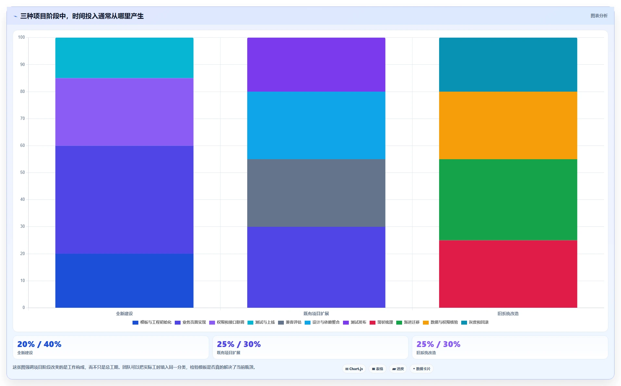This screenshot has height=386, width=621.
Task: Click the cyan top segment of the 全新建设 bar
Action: pos(124,58)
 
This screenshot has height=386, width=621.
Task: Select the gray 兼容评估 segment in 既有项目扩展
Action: pos(316,193)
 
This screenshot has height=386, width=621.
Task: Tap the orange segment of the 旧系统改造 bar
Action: pos(508,125)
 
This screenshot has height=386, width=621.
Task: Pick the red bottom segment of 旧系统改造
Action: pos(508,274)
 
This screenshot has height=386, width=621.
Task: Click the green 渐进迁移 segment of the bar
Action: pos(508,200)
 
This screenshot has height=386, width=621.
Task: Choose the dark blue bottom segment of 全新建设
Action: pos(124,281)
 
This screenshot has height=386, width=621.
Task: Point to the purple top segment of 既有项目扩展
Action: pos(316,65)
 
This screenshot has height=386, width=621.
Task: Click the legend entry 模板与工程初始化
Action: pos(152,322)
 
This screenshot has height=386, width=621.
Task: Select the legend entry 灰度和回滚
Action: pos(475,322)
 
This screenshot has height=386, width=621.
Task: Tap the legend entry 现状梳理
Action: pos(381,322)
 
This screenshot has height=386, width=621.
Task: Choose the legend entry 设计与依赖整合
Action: pos(322,322)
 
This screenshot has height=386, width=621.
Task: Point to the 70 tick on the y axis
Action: pos(22,119)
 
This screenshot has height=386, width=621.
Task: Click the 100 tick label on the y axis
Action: pos(21,37)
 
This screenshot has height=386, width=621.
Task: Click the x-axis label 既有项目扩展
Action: pos(316,314)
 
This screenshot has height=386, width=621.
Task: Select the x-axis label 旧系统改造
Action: pos(508,314)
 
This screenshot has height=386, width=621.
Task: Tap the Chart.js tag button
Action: pos(354,369)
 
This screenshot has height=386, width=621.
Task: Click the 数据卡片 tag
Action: pos(421,369)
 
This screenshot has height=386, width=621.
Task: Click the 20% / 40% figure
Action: pos(39,344)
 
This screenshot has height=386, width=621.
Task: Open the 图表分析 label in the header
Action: pos(599,16)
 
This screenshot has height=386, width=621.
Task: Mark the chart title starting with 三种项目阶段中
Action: pos(82,16)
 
